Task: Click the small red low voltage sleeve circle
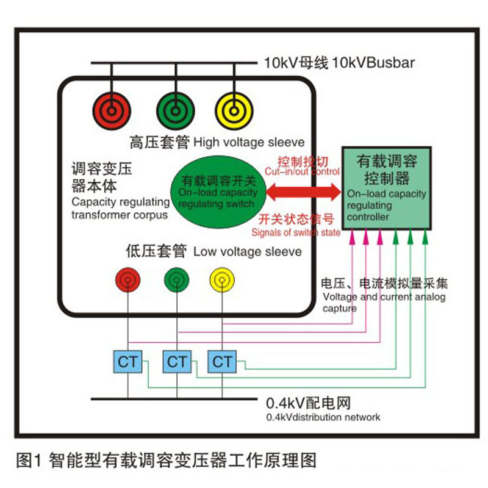[128, 279]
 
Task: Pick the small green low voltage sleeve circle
[176, 279]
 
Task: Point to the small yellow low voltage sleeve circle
[221, 279]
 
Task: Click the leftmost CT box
[127, 362]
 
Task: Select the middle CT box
[177, 362]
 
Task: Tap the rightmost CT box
[222, 362]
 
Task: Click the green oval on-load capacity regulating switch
[218, 193]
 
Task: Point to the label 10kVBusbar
[373, 62]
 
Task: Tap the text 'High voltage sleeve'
[248, 143]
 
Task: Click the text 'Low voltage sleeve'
[247, 251]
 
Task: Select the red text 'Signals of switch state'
[295, 232]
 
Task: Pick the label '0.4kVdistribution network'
[323, 417]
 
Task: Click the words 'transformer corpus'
[120, 215]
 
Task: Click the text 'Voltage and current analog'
[384, 297]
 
